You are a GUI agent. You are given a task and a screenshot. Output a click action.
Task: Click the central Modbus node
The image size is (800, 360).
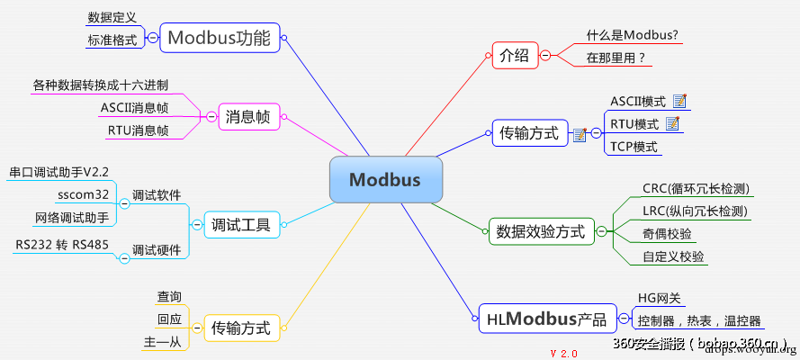385,180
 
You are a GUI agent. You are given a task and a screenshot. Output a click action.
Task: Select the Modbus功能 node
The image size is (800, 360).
219,38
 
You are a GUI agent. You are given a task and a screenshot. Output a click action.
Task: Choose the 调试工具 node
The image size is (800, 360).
241,224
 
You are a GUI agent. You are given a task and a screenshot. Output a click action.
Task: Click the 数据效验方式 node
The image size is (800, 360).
540,231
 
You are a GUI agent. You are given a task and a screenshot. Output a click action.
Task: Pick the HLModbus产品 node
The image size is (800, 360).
546,319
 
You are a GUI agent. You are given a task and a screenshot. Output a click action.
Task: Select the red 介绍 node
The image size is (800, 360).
514,55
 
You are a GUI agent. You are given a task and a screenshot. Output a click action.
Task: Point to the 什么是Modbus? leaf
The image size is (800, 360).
632,35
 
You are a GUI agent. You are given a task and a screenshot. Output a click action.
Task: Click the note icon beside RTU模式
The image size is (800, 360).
671,123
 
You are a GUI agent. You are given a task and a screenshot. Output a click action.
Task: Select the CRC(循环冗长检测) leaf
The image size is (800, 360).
696,189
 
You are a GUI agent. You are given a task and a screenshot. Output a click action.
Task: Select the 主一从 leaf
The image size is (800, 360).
163,342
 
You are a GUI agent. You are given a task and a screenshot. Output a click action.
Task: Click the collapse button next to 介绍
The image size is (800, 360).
545,56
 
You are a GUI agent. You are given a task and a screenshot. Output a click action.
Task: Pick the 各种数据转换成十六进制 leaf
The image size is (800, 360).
100,85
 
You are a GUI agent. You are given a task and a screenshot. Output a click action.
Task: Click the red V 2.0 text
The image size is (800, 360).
563,353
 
